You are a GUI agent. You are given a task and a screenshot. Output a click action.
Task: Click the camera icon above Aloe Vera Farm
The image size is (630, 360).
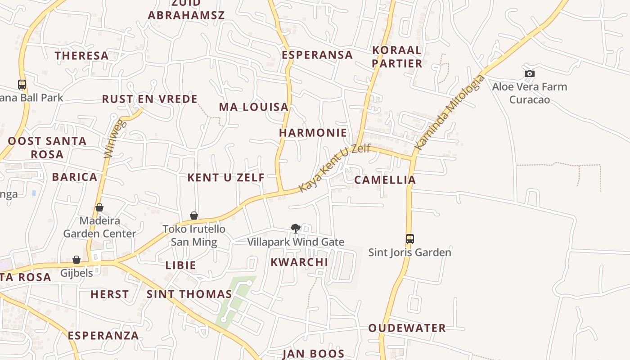(x=530, y=73)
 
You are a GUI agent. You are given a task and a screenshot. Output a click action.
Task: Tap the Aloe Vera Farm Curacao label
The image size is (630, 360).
(x=530, y=93)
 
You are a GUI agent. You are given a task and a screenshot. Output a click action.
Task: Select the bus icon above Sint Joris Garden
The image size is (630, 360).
(x=409, y=238)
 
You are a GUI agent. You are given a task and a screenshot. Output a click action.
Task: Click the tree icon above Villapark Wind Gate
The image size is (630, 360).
(x=295, y=229)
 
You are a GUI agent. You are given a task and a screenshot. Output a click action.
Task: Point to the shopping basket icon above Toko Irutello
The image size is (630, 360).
(x=194, y=216)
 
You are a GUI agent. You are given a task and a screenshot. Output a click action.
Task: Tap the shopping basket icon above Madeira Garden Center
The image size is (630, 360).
(x=99, y=207)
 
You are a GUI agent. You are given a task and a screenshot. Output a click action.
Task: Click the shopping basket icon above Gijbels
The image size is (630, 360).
(x=76, y=260)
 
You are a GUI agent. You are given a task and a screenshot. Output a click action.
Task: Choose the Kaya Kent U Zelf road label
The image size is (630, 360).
(x=334, y=167)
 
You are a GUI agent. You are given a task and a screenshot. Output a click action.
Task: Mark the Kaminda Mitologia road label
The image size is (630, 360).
(x=450, y=112)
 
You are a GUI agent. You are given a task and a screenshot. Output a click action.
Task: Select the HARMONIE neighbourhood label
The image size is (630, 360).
(x=313, y=133)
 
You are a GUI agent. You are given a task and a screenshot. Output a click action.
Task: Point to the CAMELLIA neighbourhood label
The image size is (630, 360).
(x=385, y=180)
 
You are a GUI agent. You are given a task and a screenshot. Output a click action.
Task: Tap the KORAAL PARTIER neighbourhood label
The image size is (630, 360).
(x=397, y=57)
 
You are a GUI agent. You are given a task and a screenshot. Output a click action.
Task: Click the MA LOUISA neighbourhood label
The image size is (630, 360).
(x=254, y=107)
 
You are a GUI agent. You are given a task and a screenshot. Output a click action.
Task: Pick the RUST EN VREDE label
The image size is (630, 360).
(x=150, y=99)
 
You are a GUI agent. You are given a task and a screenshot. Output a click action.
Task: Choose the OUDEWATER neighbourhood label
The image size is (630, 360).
(x=407, y=328)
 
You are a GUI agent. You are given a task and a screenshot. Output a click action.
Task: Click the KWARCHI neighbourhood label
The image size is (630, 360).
(x=299, y=262)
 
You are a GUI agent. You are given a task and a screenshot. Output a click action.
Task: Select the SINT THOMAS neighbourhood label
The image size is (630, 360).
(x=189, y=294)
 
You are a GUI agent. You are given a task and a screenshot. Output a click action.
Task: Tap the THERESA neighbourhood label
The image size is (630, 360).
(x=82, y=56)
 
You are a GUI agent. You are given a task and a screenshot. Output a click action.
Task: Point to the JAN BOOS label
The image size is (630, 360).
(x=313, y=354)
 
